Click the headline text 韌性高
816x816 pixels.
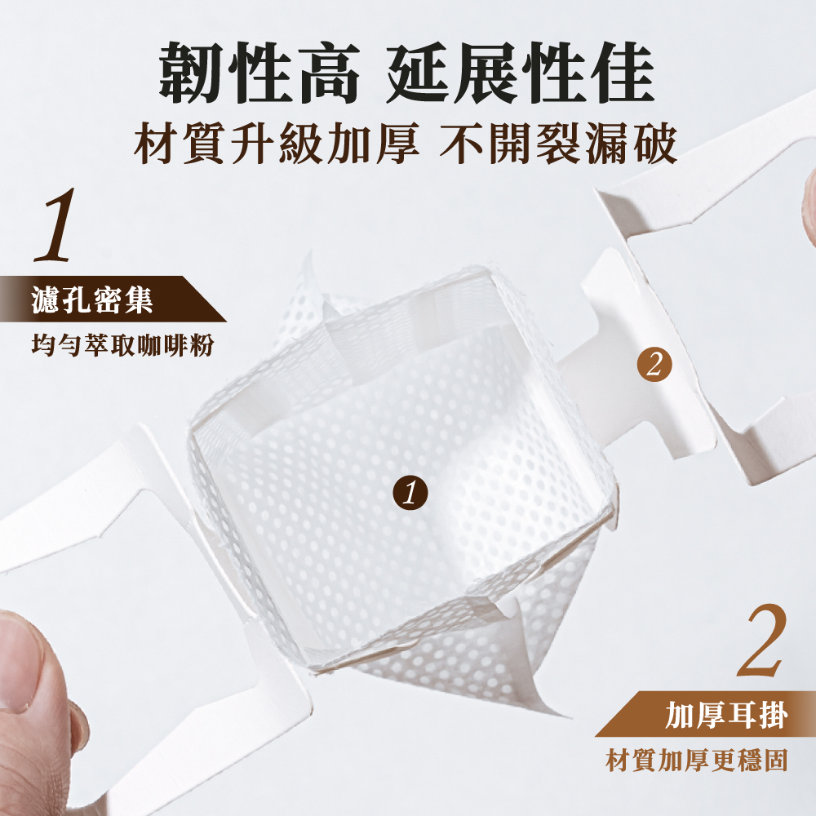[x=259, y=73]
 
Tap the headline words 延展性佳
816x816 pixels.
[x=521, y=73]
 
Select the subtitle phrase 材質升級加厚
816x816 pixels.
[x=277, y=144]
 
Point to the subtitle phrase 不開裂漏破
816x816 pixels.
[x=558, y=144]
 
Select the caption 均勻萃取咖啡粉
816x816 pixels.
[x=122, y=344]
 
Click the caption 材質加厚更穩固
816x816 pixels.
[x=696, y=760]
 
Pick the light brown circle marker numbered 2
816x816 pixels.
[x=654, y=364]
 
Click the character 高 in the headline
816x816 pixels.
[x=327, y=73]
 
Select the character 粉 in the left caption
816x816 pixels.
[x=202, y=344]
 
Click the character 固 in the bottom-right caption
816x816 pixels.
[x=775, y=760]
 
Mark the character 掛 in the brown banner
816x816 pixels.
[x=774, y=714]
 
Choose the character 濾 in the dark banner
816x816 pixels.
[x=46, y=299]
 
